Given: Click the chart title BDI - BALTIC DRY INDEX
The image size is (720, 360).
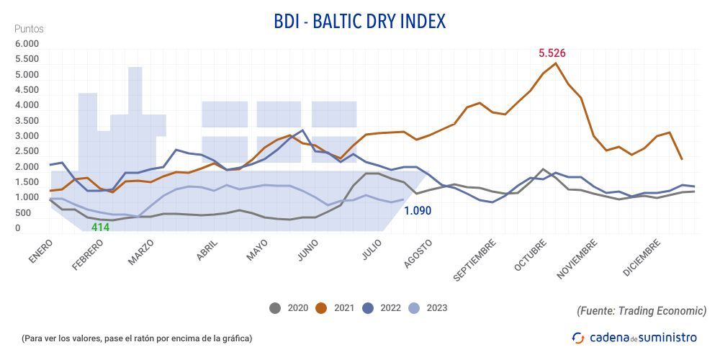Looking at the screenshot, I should click(x=360, y=21).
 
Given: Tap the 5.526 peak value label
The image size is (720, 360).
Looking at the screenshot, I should click(x=552, y=53).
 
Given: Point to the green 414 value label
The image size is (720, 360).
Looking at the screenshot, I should click(x=100, y=228).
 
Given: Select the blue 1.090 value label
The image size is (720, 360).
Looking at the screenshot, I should click(x=418, y=212).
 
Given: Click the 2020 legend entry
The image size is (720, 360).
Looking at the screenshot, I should click(x=289, y=308).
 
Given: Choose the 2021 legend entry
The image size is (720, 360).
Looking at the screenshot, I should click(x=336, y=308).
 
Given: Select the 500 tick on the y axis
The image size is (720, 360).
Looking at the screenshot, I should click(x=24, y=213).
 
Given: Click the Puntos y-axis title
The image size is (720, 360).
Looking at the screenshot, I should click(x=29, y=29).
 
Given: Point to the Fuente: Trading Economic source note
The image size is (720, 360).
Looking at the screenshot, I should click(x=642, y=310).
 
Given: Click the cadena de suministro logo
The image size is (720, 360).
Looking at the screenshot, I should click(x=634, y=337).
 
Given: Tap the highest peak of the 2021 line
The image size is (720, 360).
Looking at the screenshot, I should click(x=556, y=63).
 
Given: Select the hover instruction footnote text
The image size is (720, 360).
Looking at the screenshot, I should click(x=137, y=338).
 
